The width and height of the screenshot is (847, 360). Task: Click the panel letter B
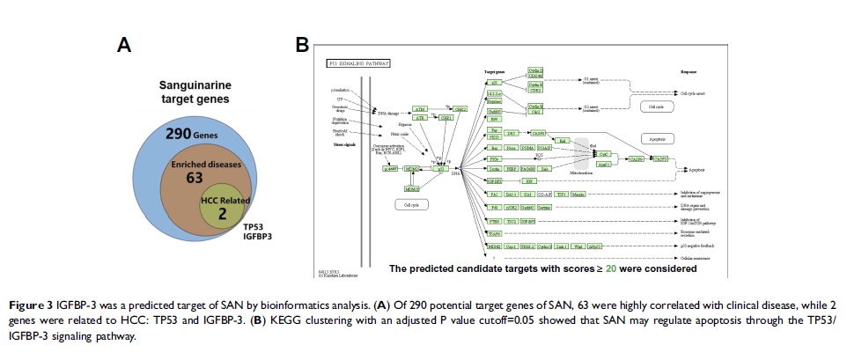[301, 43]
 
